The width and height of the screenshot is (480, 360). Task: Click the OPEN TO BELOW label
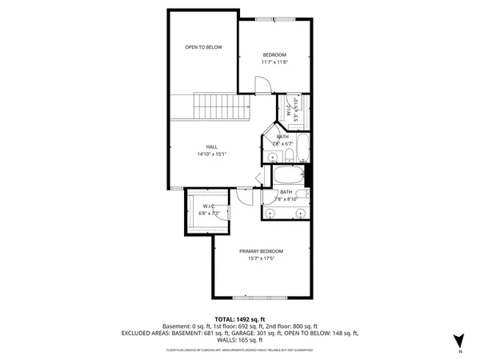click(x=203, y=47)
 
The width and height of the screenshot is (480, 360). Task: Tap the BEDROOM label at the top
click(x=274, y=54)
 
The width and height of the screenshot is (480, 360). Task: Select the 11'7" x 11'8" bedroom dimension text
click(x=274, y=62)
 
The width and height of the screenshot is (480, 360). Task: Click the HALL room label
click(x=211, y=146)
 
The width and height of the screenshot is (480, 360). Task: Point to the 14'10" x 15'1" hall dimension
click(x=211, y=154)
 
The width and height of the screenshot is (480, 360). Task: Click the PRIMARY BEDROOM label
click(x=261, y=251)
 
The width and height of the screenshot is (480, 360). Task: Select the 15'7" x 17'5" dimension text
click(x=261, y=258)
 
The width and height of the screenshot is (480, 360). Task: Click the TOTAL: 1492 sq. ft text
click(x=239, y=319)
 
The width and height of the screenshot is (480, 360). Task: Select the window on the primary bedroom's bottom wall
click(x=261, y=299)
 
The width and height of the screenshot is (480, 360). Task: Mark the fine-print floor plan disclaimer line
click(x=239, y=350)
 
